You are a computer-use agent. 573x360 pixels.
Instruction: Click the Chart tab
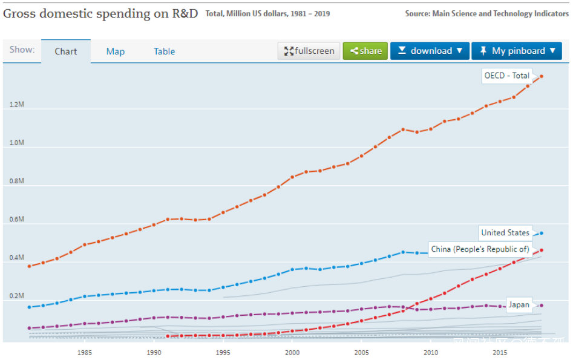[x=66, y=51]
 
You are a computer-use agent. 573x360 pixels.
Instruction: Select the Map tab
[x=116, y=51]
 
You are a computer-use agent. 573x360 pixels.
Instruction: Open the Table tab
[x=164, y=51]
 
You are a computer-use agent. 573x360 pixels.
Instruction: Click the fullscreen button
[x=309, y=51]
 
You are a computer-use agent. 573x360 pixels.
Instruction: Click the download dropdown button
[x=430, y=51]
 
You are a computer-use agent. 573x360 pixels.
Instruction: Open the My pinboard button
[x=517, y=51]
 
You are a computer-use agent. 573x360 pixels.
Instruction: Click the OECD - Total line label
[x=506, y=76]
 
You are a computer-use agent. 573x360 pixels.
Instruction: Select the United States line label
[x=505, y=232]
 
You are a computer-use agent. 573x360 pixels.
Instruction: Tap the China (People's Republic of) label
[x=480, y=249]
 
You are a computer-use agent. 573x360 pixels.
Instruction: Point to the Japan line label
[x=519, y=304]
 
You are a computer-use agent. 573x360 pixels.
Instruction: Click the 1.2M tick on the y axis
[x=17, y=105]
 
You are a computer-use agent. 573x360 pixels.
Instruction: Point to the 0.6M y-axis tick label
[x=17, y=219]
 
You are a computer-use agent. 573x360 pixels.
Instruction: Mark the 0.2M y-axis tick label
[x=17, y=296]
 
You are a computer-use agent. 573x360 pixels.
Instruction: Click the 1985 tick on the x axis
[x=85, y=353]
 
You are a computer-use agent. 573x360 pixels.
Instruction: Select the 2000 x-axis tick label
[x=292, y=353]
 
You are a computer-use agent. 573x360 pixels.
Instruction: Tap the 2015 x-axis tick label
[x=500, y=353]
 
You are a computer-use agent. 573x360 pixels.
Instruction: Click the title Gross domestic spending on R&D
[x=100, y=13]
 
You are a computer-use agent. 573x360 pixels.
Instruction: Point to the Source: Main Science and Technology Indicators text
[x=486, y=13]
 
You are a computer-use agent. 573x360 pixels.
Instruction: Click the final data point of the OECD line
[x=542, y=76]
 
